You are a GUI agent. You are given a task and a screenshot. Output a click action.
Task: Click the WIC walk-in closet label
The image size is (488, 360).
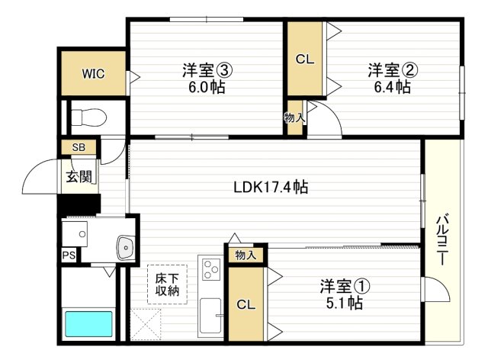click(x=93, y=74)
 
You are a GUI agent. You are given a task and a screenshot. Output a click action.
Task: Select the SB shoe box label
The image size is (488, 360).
click(x=78, y=147)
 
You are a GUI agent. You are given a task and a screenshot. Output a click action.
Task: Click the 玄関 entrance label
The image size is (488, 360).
click(x=79, y=177)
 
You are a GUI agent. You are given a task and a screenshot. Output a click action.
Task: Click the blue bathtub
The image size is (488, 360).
click(x=88, y=324)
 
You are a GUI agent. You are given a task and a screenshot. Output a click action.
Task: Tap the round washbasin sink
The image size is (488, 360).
click(x=125, y=246)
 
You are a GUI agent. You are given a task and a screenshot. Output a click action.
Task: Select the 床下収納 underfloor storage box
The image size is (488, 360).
click(x=167, y=284)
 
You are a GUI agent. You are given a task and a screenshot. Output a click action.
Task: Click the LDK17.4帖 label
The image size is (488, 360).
click(x=270, y=185)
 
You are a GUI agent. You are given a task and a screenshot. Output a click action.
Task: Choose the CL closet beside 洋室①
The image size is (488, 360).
click(x=246, y=304)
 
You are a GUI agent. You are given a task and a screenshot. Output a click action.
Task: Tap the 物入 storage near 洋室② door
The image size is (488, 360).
click(x=294, y=117)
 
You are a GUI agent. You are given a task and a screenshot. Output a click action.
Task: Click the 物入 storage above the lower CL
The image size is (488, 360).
click(x=245, y=255)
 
